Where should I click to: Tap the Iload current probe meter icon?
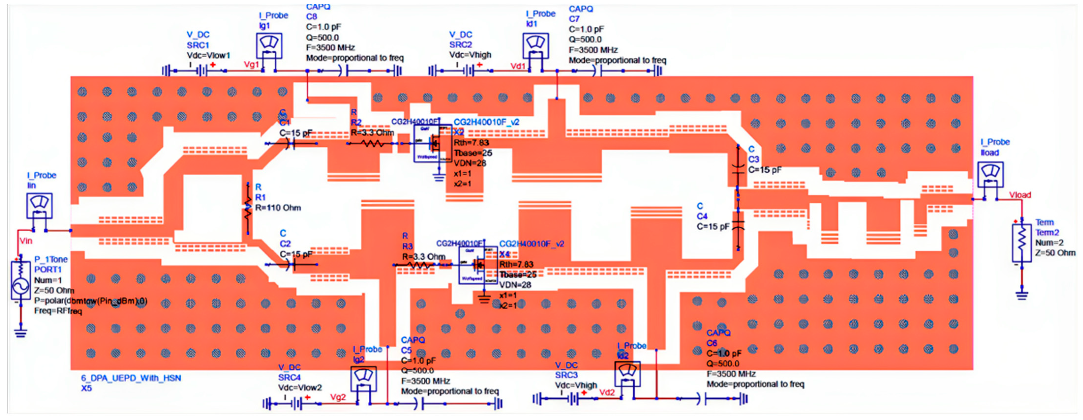click(x=991, y=174)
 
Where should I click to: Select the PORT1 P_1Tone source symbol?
click(x=20, y=280)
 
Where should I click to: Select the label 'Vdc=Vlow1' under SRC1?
click(x=209, y=56)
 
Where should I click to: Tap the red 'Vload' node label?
click(x=1020, y=195)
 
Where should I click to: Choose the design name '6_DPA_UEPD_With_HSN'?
click(x=131, y=378)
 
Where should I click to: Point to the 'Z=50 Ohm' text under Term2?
click(x=1055, y=253)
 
